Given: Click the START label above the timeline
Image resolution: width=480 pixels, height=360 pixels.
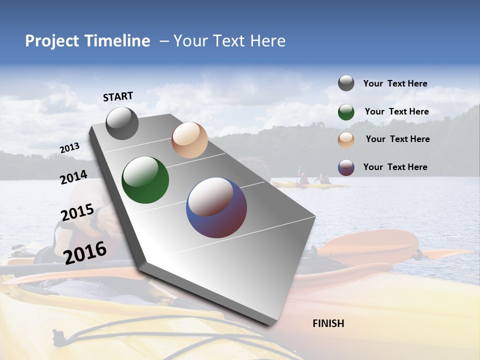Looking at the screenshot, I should [118, 96].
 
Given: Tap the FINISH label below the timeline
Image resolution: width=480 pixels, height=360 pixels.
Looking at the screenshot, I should [328, 323].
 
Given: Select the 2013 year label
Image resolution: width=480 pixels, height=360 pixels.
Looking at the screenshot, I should [69, 148].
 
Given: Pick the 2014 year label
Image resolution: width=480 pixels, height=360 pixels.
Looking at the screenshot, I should [73, 177].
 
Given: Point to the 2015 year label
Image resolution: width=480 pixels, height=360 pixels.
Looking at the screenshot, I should [77, 212].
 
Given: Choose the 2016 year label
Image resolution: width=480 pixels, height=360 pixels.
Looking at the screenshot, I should [85, 252].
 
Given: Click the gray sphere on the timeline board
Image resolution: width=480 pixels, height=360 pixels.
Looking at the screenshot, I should [122, 123].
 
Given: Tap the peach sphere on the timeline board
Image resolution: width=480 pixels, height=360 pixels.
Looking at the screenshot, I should [189, 140].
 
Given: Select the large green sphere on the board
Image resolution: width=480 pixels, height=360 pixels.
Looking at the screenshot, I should [145, 180].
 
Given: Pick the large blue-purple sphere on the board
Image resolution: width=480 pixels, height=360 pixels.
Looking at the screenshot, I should [216, 207].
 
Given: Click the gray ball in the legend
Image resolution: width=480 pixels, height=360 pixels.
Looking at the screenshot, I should [346, 83].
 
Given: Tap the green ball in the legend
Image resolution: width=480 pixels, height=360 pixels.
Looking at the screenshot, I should [346, 112].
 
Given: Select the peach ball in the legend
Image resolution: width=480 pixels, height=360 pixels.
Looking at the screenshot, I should [346, 140].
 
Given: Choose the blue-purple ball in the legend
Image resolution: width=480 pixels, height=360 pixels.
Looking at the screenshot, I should [346, 167].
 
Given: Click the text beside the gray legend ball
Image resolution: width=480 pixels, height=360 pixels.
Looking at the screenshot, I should [395, 83].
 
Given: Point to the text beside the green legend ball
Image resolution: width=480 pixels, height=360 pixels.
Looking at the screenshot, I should [396, 111].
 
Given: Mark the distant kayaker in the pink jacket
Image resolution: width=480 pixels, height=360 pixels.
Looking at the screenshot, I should [303, 178].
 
